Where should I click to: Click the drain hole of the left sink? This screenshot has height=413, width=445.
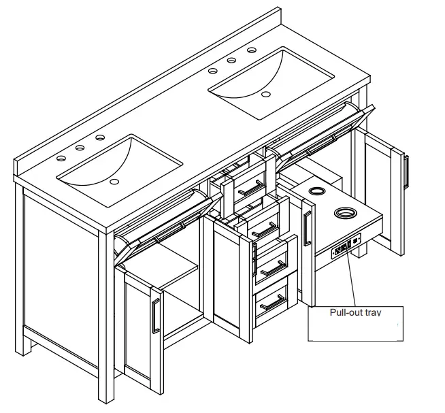point(114,182)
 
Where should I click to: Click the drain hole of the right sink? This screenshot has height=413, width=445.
point(266,93)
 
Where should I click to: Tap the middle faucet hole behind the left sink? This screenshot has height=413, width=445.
point(80,148)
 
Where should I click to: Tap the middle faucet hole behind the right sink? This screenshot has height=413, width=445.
point(231,61)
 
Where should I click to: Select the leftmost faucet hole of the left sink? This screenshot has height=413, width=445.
point(61,158)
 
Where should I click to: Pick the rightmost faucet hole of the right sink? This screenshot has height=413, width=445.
point(251,50)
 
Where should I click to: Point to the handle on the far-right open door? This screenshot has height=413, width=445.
point(406,171)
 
